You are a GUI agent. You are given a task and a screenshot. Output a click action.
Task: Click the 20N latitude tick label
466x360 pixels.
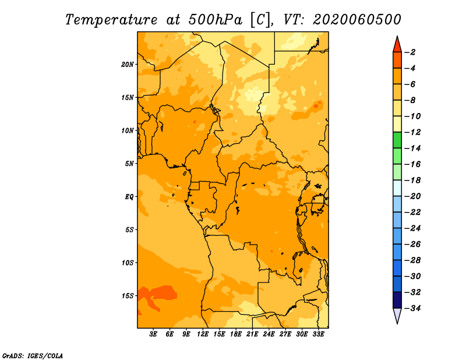coord(128,65)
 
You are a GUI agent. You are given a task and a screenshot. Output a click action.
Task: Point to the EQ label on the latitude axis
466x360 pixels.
coord(129,197)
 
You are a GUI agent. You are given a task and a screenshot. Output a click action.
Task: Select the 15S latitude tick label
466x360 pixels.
coord(128,296)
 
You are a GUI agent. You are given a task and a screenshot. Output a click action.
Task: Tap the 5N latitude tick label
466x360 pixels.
coord(129,164)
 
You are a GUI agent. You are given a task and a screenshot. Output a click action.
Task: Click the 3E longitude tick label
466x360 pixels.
coord(153,334)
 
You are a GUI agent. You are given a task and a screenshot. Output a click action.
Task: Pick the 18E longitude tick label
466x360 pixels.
coord(236,334)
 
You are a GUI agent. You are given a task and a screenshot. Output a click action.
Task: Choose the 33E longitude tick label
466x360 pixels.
coord(318,334)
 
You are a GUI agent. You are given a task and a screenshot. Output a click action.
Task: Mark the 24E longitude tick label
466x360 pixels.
coord(269,334)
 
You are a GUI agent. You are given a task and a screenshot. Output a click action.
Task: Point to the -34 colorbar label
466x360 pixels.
coord(413,308)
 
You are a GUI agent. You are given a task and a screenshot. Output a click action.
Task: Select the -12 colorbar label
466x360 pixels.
coord(413,132)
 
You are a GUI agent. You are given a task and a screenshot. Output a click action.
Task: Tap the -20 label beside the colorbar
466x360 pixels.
coord(413,196)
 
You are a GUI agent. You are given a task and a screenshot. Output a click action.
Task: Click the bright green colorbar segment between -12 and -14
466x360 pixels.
coord(397,140)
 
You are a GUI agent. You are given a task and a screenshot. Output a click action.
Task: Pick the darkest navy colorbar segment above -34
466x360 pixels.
coord(397,300)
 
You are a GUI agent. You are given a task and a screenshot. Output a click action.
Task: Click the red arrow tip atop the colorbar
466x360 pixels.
coord(397,36)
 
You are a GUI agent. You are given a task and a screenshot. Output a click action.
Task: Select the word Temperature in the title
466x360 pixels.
coord(111,20)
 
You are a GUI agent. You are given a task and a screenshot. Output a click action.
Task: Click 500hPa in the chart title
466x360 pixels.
coord(215,20)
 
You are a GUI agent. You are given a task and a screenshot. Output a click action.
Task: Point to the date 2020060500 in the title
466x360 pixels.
coord(356,20)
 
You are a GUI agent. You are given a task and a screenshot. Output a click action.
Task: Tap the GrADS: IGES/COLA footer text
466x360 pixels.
coord(33,356)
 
